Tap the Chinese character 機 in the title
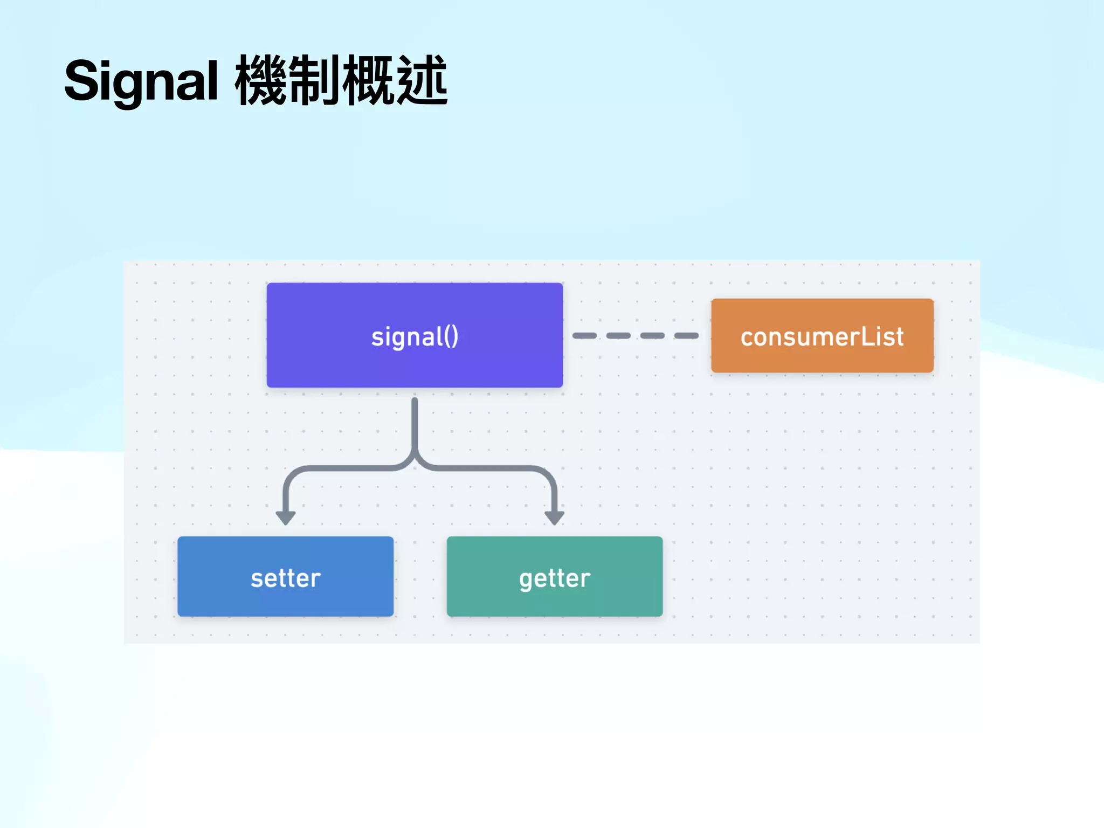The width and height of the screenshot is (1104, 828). (x=261, y=81)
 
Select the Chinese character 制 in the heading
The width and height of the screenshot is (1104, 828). (x=315, y=81)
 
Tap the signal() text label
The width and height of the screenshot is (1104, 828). (x=415, y=337)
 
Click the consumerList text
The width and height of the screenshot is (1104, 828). (x=822, y=337)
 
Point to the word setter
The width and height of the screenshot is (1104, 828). (x=286, y=578)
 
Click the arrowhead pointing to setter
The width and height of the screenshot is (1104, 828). (x=285, y=517)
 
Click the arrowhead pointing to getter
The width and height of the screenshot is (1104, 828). (x=554, y=517)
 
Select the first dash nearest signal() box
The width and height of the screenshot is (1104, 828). (x=584, y=335)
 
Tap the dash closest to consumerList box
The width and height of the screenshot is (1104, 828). (x=686, y=335)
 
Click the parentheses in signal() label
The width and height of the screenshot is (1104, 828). (x=452, y=336)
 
